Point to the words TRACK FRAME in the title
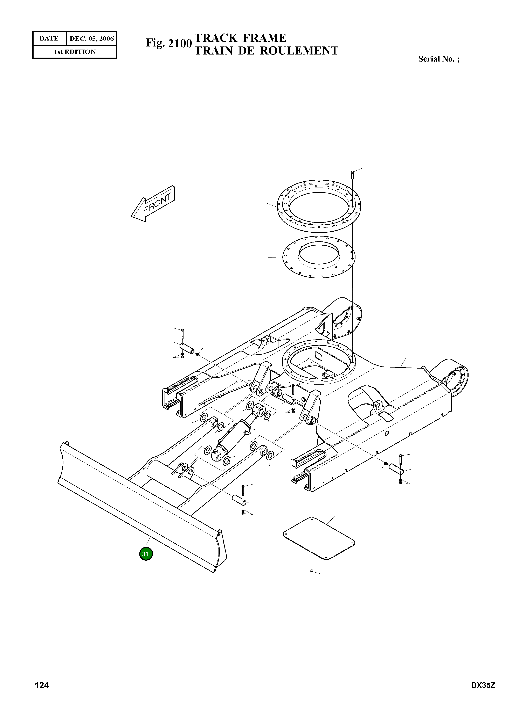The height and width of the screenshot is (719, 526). tap(240, 38)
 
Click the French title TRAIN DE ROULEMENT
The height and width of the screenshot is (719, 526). tap(266, 51)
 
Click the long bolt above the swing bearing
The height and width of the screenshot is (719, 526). tap(352, 175)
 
